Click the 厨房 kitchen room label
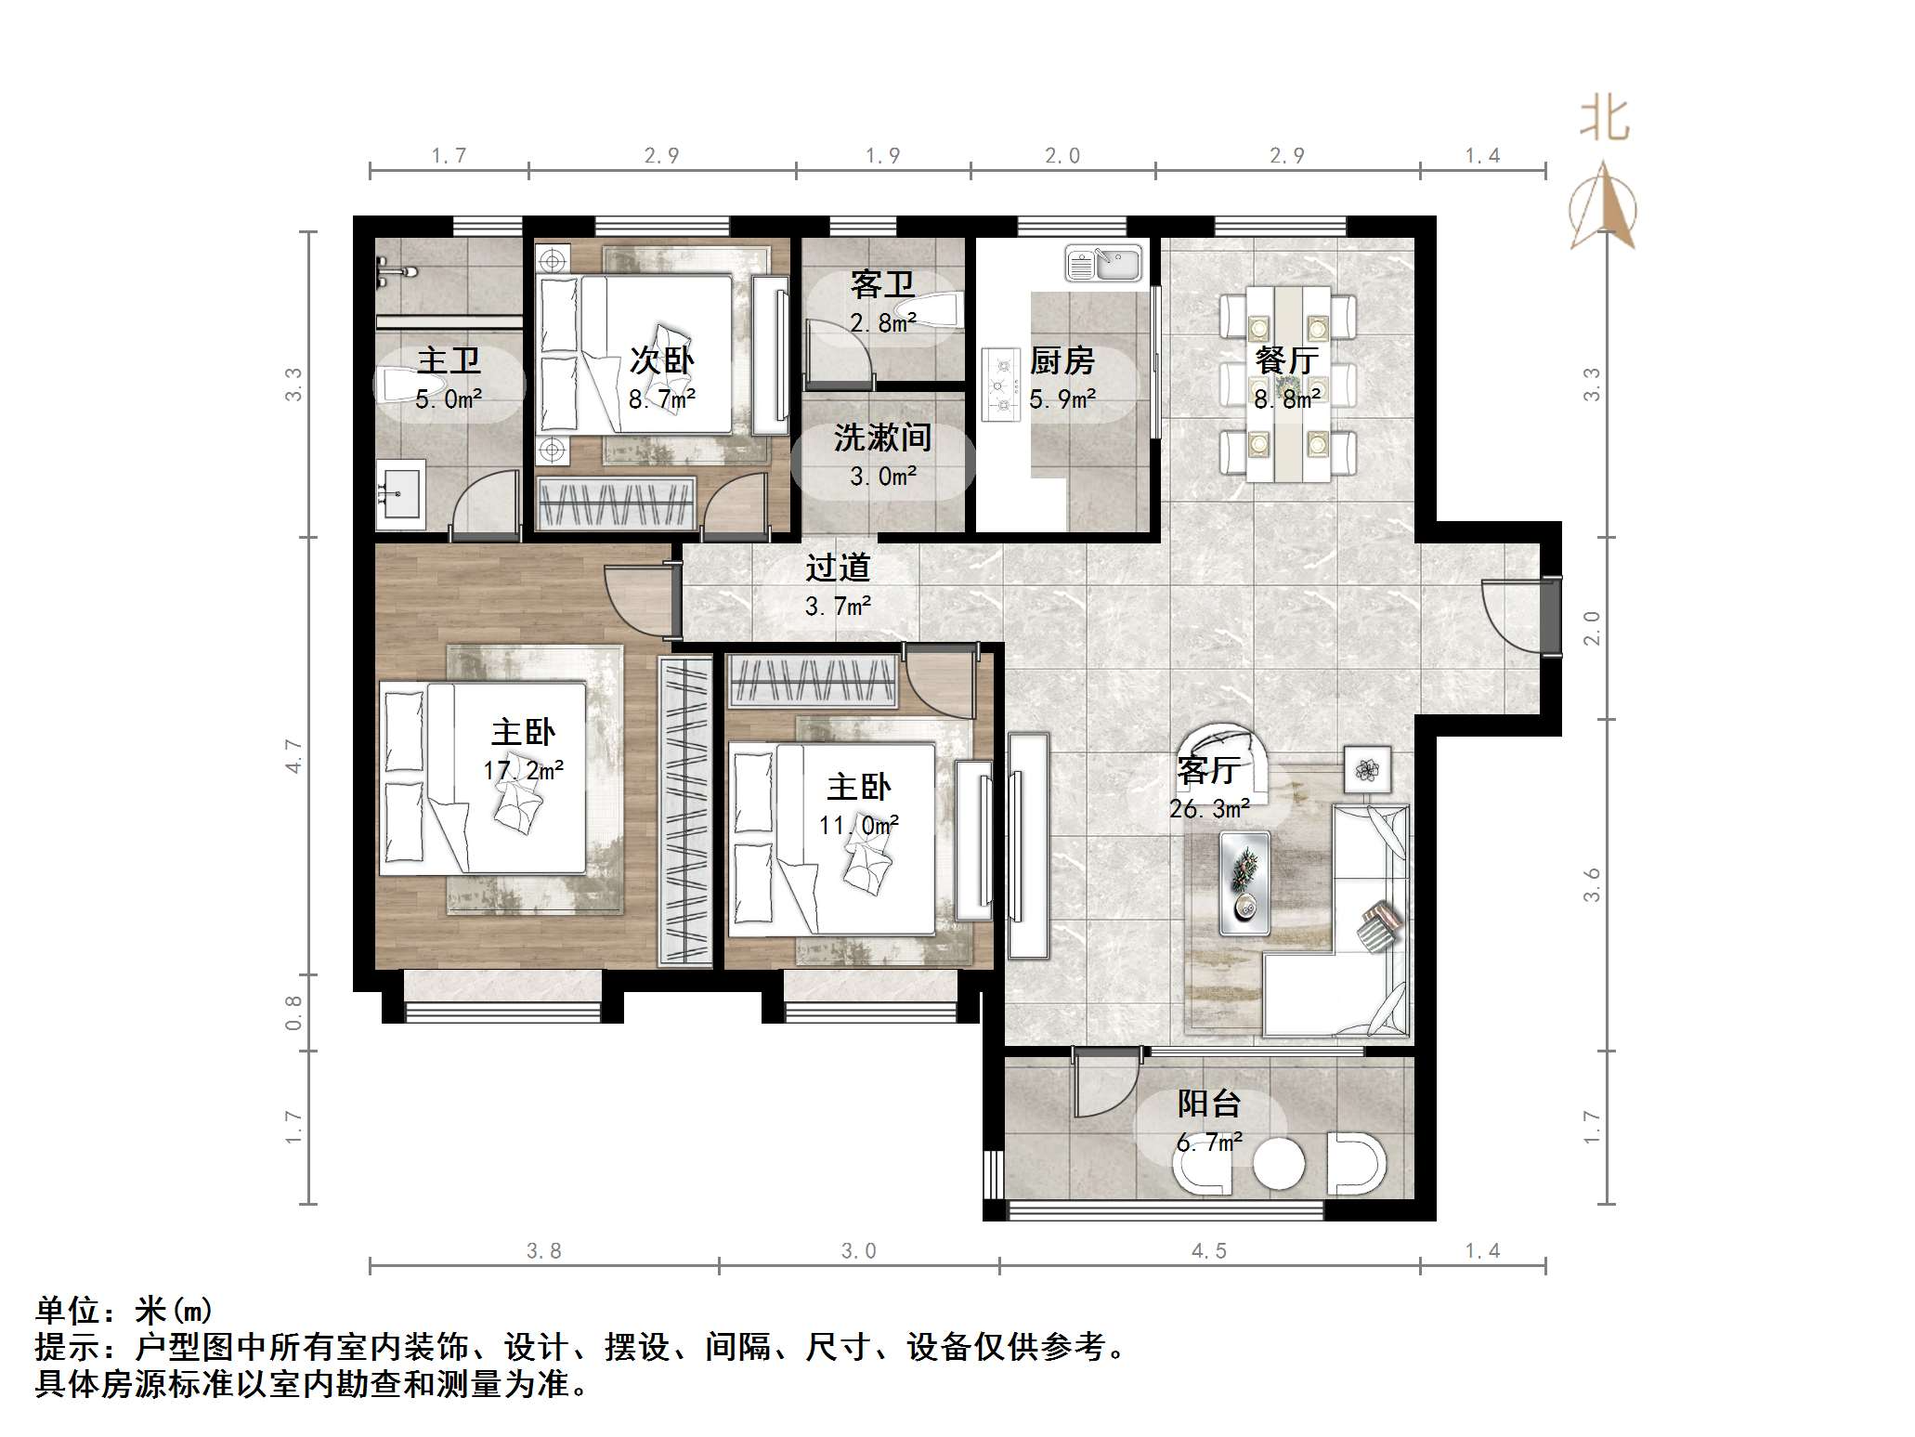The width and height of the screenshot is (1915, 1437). (1062, 360)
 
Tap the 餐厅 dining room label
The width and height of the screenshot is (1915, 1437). (1286, 360)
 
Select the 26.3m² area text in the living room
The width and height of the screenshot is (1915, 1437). (1208, 809)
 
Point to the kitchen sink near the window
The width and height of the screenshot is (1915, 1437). (1102, 263)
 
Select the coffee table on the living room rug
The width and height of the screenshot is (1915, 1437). (1244, 882)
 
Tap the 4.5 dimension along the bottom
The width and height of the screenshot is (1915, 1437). (1209, 1251)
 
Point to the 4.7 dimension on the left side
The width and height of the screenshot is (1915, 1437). (293, 755)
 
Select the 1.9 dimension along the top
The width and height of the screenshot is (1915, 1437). (882, 155)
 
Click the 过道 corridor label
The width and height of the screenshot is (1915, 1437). (838, 568)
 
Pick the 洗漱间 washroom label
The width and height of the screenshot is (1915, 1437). (882, 438)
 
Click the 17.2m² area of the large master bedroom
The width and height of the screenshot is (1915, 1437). (523, 770)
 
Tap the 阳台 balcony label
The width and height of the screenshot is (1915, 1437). (1209, 1104)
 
